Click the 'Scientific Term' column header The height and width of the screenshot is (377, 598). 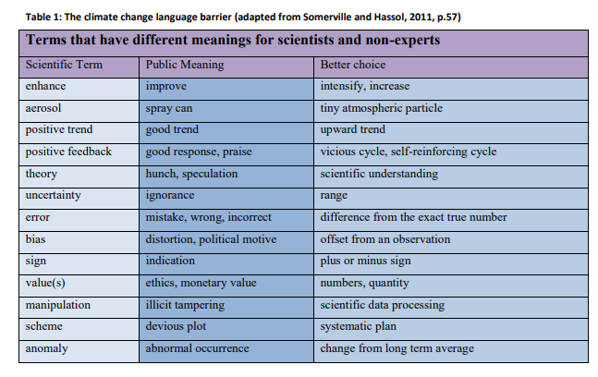click(x=64, y=66)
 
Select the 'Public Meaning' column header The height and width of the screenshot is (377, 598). click(x=185, y=66)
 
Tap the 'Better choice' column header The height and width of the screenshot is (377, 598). click(x=353, y=66)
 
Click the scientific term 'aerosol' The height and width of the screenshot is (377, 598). click(x=43, y=108)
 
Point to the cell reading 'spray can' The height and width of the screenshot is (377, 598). click(x=169, y=108)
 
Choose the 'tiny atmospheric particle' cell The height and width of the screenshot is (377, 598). click(x=382, y=108)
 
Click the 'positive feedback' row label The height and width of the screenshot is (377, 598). click(x=68, y=152)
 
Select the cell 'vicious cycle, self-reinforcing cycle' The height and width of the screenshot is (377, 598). click(x=408, y=152)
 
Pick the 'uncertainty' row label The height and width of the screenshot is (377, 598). click(x=54, y=196)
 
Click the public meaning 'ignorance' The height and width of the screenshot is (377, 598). click(x=170, y=196)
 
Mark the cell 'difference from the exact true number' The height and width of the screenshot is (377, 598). click(x=413, y=218)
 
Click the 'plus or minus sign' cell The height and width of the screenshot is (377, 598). click(x=365, y=261)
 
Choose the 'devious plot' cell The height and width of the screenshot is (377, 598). click(x=177, y=327)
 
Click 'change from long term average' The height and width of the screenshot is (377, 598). click(x=397, y=348)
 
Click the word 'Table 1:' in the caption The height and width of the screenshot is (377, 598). click(x=38, y=18)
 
